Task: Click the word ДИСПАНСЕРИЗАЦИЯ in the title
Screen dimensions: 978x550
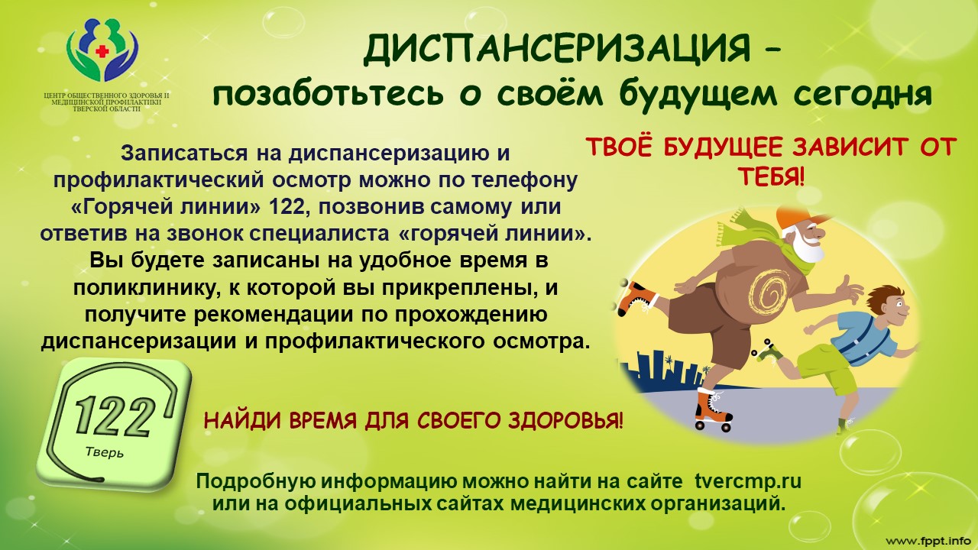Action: click(557, 50)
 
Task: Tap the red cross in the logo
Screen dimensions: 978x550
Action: click(102, 52)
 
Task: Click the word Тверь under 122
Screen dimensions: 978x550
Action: click(105, 451)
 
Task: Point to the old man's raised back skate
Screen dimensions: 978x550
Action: click(636, 298)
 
